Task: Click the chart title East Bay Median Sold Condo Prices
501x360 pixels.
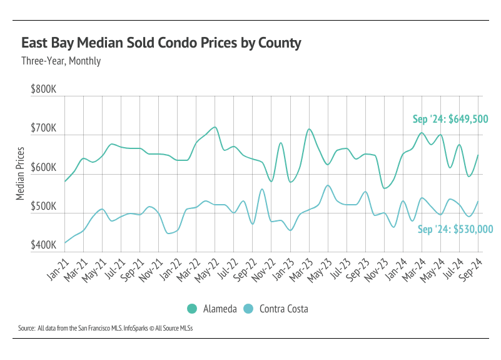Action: (161, 43)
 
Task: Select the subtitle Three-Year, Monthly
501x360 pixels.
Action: (61, 61)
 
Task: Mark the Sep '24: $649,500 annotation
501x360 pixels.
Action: (450, 119)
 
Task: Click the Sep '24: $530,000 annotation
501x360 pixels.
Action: (455, 229)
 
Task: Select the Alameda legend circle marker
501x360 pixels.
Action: (192, 309)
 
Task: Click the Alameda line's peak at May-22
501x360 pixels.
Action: (215, 127)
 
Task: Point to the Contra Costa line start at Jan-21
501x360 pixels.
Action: (64, 243)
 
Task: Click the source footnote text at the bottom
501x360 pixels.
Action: (105, 328)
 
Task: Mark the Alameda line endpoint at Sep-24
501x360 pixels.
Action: (478, 155)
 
